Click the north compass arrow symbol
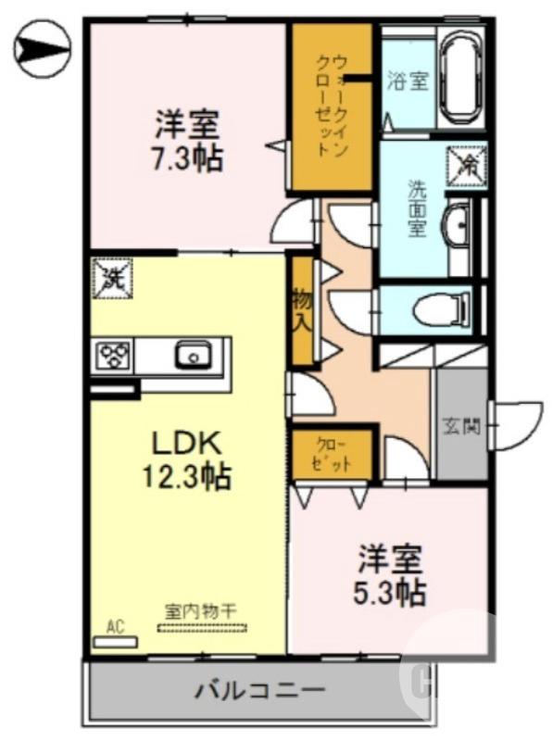[43, 49]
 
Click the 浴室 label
[408, 81]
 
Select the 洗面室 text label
[418, 207]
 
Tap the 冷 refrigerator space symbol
[466, 165]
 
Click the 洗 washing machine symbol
[111, 277]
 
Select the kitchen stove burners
[115, 355]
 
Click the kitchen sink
[194, 354]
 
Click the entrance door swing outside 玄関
[517, 422]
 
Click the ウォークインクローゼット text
[332, 107]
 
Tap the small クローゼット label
[333, 455]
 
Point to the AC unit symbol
[115, 634]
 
